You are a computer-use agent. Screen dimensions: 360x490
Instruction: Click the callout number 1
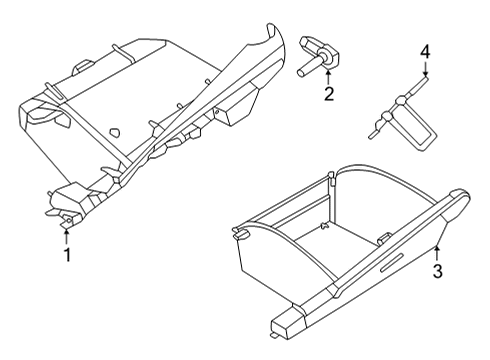(x=67, y=255)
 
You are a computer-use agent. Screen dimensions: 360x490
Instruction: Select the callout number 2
(x=327, y=95)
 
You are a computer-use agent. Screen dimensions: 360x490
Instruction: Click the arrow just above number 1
(x=67, y=236)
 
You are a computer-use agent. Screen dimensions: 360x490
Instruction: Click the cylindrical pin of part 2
(x=303, y=69)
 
